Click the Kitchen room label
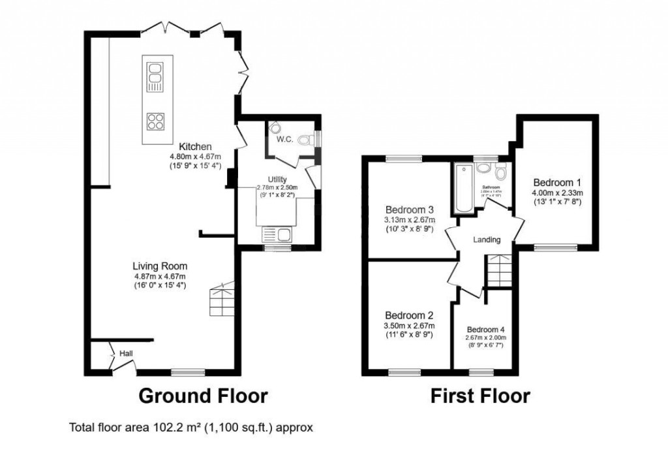195,147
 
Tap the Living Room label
160,266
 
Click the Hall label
125,353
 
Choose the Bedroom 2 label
409,313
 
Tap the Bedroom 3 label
410,210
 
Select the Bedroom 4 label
485,328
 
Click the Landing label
487,240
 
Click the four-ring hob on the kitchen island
155,120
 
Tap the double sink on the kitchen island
155,76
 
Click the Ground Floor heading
203,396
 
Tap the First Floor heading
479,396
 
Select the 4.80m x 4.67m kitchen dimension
195,157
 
